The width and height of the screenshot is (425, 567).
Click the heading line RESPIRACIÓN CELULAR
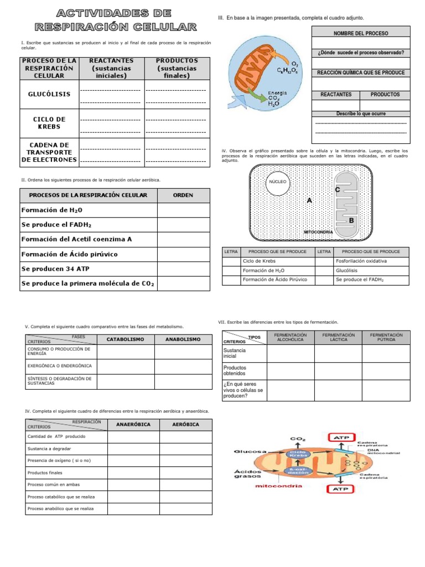click(x=115, y=26)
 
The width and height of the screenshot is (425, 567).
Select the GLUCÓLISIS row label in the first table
click(x=49, y=94)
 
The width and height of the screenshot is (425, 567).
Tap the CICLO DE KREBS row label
click(x=49, y=123)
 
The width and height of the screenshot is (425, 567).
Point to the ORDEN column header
click(x=183, y=195)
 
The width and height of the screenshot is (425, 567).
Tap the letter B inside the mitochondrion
click(x=351, y=220)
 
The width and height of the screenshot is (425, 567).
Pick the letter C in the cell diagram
click(x=336, y=190)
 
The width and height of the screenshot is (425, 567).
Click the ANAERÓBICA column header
click(x=133, y=425)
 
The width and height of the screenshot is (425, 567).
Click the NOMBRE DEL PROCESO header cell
click(x=361, y=33)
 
